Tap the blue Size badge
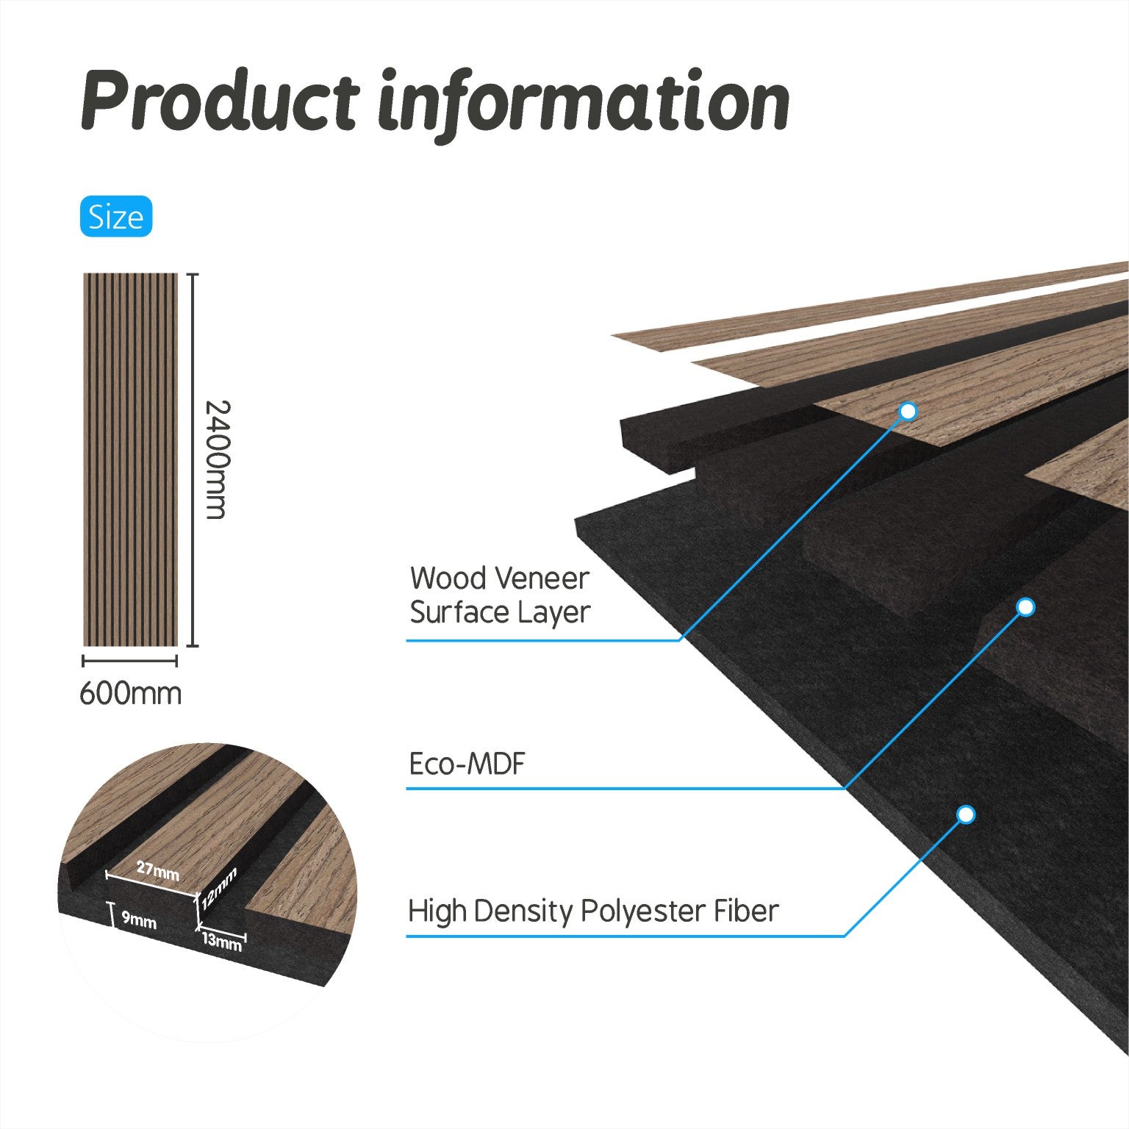click(116, 216)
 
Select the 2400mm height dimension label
click(216, 459)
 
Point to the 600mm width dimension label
click(130, 693)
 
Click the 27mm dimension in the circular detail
click(158, 871)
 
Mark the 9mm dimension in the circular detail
click(139, 920)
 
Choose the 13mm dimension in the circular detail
click(222, 940)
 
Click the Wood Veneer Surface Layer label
click(500, 595)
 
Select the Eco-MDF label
click(467, 764)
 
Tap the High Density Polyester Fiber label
click(593, 911)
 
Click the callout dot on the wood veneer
click(908, 412)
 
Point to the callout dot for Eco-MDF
click(1026, 607)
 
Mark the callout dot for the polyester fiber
click(967, 814)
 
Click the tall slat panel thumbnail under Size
click(131, 459)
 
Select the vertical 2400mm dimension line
click(193, 459)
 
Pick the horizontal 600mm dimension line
click(130, 661)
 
